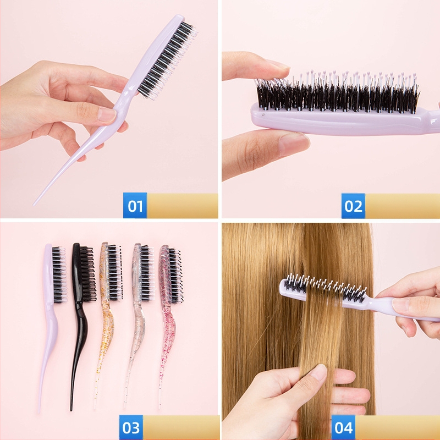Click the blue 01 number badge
135,205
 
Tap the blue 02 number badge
353,206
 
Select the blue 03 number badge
131,427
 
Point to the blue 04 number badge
343,428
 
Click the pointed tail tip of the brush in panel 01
34,205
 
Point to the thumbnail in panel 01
106,115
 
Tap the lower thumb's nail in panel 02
294,144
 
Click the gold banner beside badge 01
183,205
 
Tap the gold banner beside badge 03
182,427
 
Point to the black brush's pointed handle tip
71,410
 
